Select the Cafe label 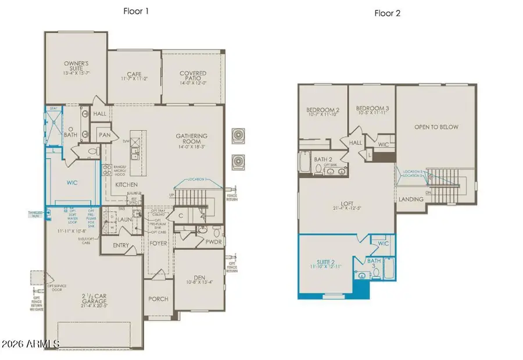(134, 74)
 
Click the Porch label (158, 299)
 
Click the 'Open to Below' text (436, 127)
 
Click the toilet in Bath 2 (319, 169)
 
